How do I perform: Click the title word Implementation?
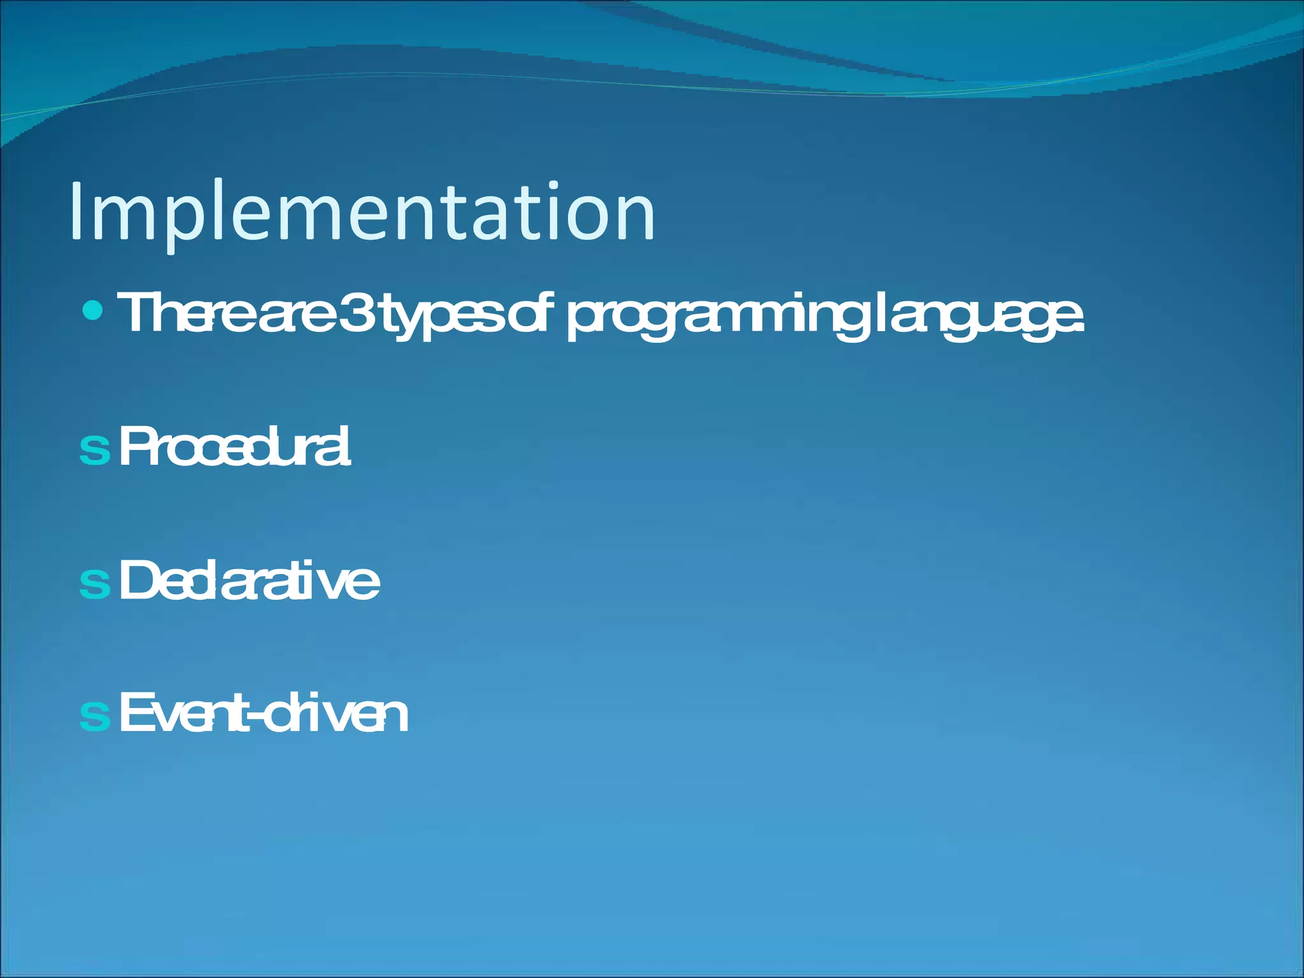click(362, 211)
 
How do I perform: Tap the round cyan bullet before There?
click(93, 311)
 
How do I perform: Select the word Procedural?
click(234, 447)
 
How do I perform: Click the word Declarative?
click(249, 580)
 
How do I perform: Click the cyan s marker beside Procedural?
click(95, 450)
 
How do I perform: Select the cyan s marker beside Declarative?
click(95, 583)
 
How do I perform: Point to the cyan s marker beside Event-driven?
click(95, 716)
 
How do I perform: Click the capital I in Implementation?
click(76, 211)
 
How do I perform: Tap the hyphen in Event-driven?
click(254, 718)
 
